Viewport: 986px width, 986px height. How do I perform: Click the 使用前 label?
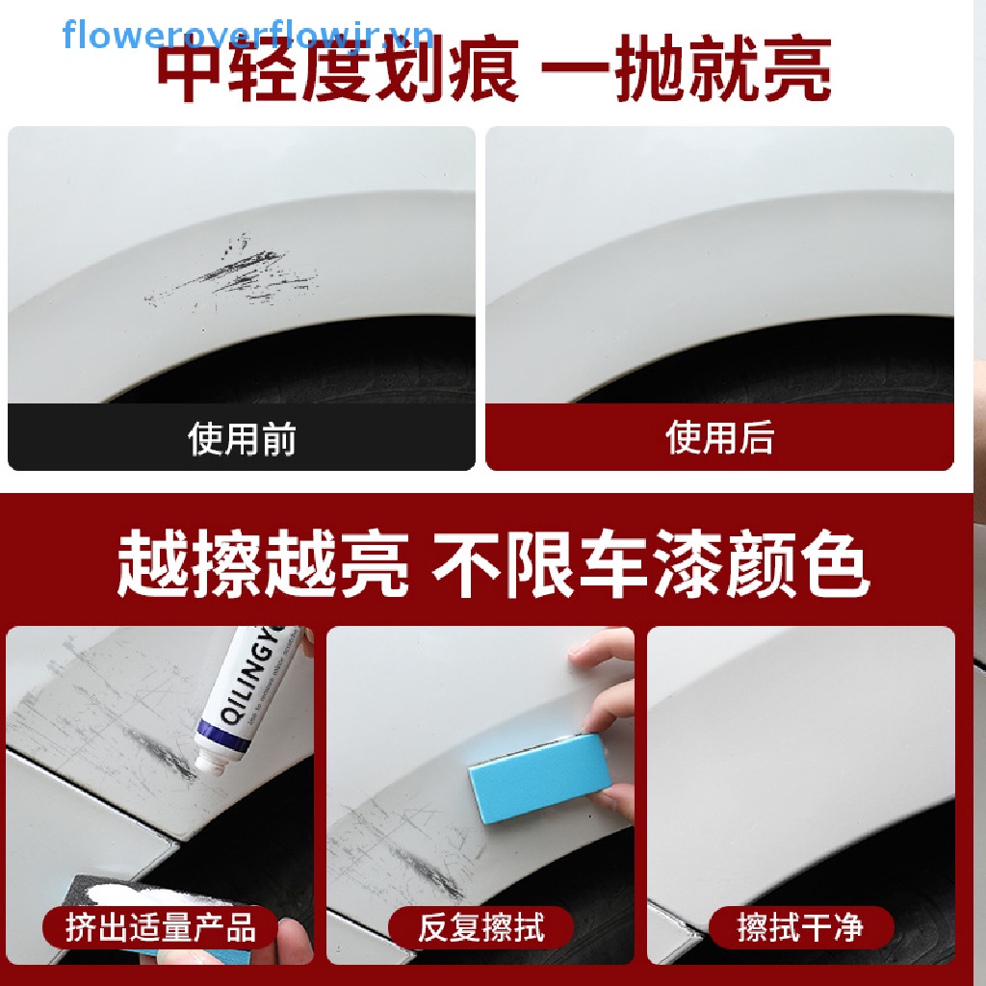pos(242,439)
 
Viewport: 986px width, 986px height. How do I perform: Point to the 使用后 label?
pos(719,438)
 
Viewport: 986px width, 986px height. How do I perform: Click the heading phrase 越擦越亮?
pos(263,565)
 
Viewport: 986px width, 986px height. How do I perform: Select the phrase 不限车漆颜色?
pos(650,565)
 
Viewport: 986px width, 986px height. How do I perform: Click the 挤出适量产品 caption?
pos(161,928)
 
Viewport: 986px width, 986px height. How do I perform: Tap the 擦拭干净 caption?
pos(800,928)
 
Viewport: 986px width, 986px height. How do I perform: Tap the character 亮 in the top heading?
pos(795,73)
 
